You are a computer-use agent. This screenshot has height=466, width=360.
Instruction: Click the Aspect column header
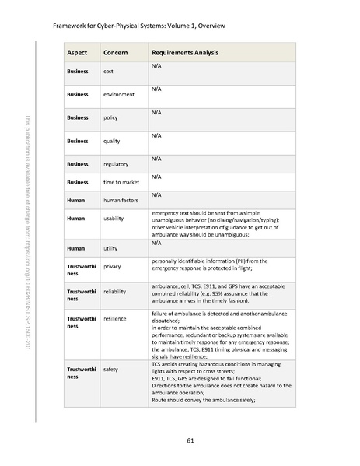click(78, 53)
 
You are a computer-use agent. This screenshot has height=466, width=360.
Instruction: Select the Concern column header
click(117, 53)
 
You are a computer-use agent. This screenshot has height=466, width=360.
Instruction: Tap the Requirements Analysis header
click(185, 53)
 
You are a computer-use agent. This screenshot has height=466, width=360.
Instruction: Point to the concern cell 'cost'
click(110, 72)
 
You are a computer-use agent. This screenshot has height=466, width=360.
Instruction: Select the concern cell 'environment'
click(119, 95)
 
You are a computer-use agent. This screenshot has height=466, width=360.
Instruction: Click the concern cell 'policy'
click(111, 117)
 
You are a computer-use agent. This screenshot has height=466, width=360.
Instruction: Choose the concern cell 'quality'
click(112, 141)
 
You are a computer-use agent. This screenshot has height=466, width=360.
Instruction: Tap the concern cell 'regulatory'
click(116, 164)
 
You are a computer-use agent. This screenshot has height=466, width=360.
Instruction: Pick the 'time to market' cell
click(121, 182)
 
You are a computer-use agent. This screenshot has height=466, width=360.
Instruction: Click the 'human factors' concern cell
click(121, 200)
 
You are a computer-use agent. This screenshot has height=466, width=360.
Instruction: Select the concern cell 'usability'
click(114, 219)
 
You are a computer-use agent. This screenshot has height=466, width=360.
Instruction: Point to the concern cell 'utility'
click(111, 248)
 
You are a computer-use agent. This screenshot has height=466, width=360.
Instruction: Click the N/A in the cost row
click(156, 67)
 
